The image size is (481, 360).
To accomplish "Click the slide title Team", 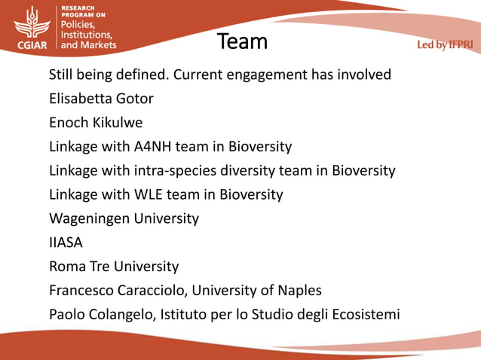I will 242,41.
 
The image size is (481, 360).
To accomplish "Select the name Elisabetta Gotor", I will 101,98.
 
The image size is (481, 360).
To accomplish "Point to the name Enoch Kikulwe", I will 96,122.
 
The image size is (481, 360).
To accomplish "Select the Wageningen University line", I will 124,219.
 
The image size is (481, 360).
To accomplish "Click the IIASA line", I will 66,243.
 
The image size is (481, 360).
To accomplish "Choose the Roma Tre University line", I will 114,267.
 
